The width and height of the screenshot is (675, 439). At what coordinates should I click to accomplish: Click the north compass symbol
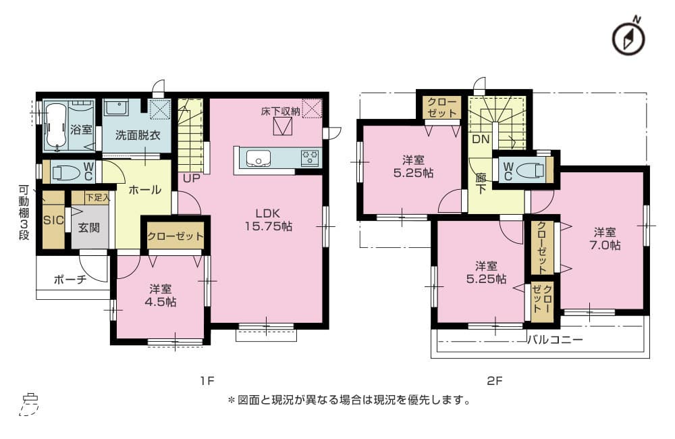(x=628, y=37)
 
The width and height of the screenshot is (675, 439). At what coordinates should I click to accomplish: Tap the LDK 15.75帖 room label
(x=268, y=219)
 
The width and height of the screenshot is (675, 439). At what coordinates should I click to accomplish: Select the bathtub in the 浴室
(x=56, y=126)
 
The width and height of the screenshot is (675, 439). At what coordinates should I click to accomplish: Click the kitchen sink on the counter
(x=258, y=158)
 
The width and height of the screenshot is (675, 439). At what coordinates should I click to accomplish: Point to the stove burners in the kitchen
(x=310, y=157)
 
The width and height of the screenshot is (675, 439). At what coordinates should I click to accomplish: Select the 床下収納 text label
(x=280, y=111)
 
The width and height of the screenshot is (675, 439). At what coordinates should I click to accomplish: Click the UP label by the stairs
(x=192, y=178)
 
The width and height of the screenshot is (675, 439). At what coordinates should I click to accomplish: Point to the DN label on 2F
(x=481, y=139)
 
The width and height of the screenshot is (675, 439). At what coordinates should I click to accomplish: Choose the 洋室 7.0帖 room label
(x=605, y=238)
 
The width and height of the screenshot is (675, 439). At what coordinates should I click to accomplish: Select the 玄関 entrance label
(x=88, y=227)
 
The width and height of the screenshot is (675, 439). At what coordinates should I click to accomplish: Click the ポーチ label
(x=70, y=280)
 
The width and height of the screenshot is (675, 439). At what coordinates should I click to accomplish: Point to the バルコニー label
(x=556, y=340)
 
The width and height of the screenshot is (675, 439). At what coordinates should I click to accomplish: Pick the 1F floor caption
(x=207, y=381)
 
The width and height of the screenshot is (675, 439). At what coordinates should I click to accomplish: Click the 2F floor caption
(x=495, y=381)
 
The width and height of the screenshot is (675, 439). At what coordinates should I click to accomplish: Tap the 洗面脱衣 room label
(x=138, y=135)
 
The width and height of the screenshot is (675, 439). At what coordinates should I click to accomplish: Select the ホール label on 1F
(x=144, y=190)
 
